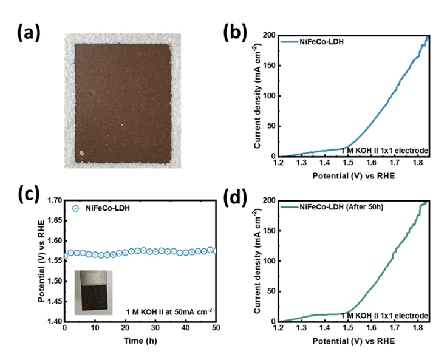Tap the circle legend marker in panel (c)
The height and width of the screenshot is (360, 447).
click(x=76, y=207)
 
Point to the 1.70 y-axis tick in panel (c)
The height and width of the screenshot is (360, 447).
click(x=53, y=200)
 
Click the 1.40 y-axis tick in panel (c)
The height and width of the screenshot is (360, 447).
click(x=53, y=322)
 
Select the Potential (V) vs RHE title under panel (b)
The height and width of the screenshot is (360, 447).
click(x=355, y=177)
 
